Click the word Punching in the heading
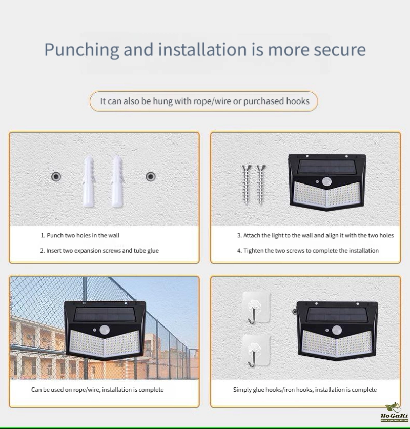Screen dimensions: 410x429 coord(82,50)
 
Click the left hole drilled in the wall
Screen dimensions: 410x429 coord(56,177)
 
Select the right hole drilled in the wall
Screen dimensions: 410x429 coord(151,177)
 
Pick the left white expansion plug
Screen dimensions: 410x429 coord(89,181)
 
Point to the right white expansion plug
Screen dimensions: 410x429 coord(117,181)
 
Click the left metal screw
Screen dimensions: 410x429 coord(246,184)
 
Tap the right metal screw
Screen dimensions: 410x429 coord(260,184)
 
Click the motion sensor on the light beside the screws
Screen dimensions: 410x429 coord(326,181)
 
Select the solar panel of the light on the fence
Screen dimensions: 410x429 coord(105,314)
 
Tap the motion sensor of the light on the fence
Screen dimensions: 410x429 coord(105,330)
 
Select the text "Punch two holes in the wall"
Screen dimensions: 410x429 coord(83,235)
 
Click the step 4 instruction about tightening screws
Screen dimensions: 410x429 coord(308,251)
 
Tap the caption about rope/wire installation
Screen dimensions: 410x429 coord(97,390)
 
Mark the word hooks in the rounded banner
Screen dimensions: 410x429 coord(298,101)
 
